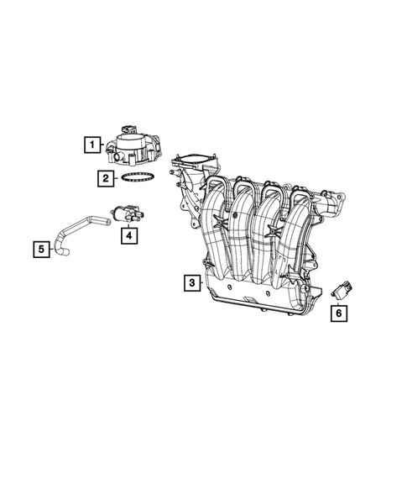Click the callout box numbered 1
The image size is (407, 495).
(x=91, y=145)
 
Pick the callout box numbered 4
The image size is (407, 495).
(x=128, y=235)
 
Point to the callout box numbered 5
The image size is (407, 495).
(x=40, y=249)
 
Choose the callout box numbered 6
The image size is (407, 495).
(x=339, y=313)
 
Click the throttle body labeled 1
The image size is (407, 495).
(x=133, y=147)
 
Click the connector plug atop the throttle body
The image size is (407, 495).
(x=128, y=126)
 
